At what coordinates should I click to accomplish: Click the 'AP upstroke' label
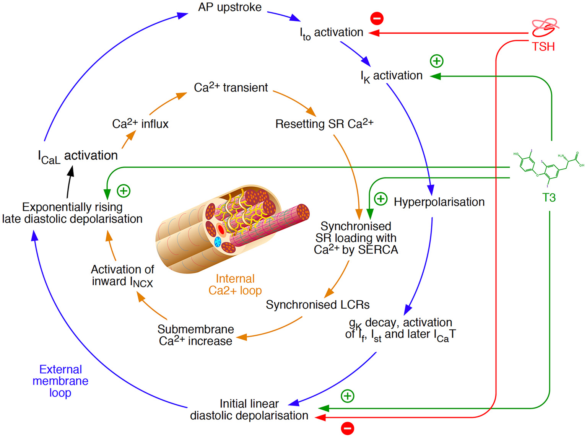pos(229,7)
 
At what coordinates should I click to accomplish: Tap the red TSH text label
pos(543,47)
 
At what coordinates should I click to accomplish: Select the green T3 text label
pos(549,198)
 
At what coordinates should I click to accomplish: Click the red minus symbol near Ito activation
pos(377,18)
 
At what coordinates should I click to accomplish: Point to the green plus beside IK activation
pos(437,61)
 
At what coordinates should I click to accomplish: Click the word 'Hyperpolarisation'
pos(439,202)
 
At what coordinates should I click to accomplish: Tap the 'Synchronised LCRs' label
pos(317,305)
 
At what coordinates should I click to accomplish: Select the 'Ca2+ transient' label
pos(231,88)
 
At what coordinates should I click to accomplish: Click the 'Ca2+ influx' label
pos(140,124)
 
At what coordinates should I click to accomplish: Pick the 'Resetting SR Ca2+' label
pos(324,124)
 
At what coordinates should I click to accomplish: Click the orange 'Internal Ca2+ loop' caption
pos(235,285)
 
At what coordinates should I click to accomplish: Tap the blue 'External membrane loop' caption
pos(60,381)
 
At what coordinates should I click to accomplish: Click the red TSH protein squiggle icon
pos(545,26)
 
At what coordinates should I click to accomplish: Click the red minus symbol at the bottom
pos(347,428)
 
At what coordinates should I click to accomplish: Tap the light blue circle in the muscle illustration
pos(218,242)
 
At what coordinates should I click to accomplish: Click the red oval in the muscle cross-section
pos(221,230)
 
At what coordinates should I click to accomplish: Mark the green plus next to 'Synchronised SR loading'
pos(380,199)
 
